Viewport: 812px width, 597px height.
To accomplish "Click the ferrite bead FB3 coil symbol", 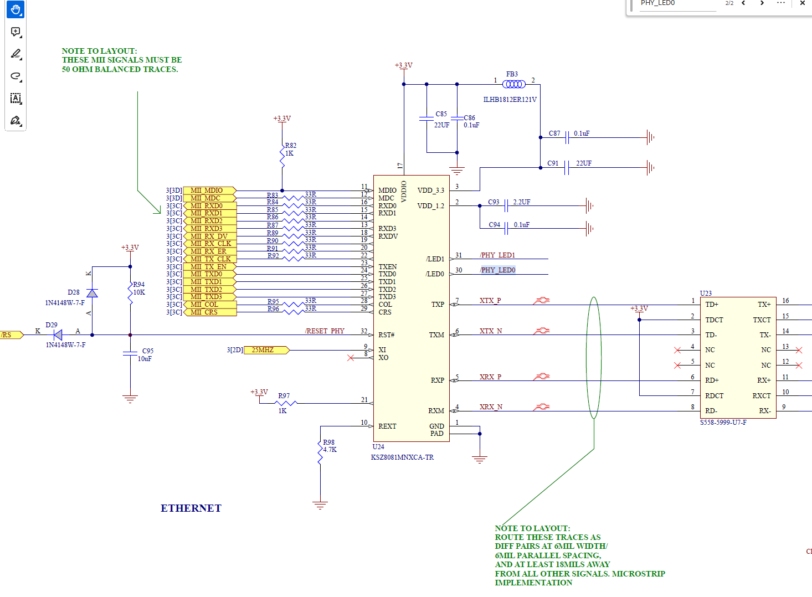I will pyautogui.click(x=513, y=84).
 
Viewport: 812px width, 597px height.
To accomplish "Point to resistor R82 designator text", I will pyautogui.click(x=291, y=146).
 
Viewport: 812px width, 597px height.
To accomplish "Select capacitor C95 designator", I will pyautogui.click(x=148, y=351).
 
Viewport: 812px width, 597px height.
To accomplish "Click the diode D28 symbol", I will pyautogui.click(x=92, y=293).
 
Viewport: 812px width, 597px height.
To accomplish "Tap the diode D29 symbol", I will pyautogui.click(x=58, y=334).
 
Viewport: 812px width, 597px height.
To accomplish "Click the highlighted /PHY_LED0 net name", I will pyautogui.click(x=497, y=270).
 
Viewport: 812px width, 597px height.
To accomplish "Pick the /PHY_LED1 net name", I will pyautogui.click(x=497, y=255).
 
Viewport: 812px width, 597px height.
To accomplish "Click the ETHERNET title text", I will pyautogui.click(x=191, y=508).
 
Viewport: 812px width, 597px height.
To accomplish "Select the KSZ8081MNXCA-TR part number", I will pyautogui.click(x=402, y=457).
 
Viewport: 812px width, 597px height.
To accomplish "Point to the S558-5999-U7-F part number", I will pyautogui.click(x=723, y=423).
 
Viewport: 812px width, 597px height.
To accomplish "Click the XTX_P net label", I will pyautogui.click(x=490, y=301).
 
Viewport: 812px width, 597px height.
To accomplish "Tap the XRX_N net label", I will pyautogui.click(x=491, y=407).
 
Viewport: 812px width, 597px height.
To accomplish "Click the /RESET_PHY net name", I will pyautogui.click(x=325, y=331).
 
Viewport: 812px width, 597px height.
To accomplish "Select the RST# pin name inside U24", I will pyautogui.click(x=387, y=335).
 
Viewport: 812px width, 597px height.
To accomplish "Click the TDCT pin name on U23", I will pyautogui.click(x=714, y=320).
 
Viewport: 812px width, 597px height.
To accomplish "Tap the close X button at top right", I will pyautogui.click(x=802, y=3).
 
